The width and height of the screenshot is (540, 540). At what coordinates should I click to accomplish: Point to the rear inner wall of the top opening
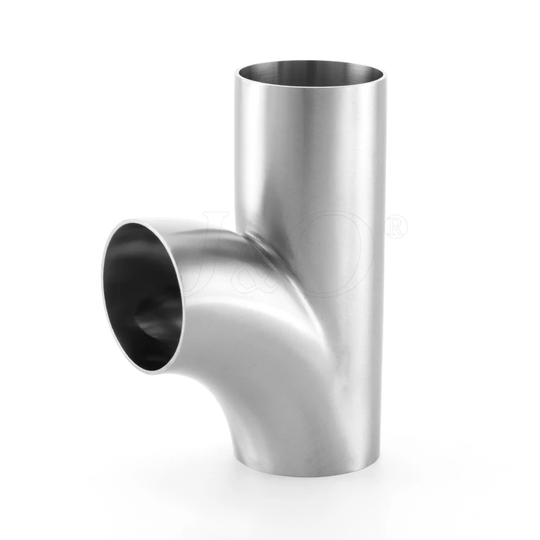click(310, 66)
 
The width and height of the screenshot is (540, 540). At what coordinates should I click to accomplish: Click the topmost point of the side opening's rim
click(145, 219)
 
